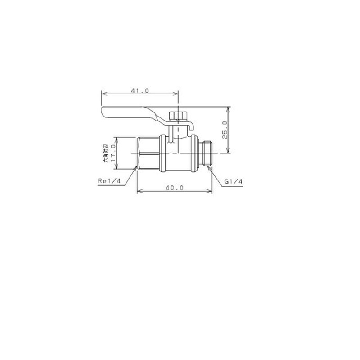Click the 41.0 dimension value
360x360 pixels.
click(x=140, y=90)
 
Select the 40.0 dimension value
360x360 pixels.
click(x=174, y=188)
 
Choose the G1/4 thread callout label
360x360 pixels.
click(x=234, y=181)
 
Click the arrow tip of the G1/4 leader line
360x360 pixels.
click(x=208, y=169)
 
